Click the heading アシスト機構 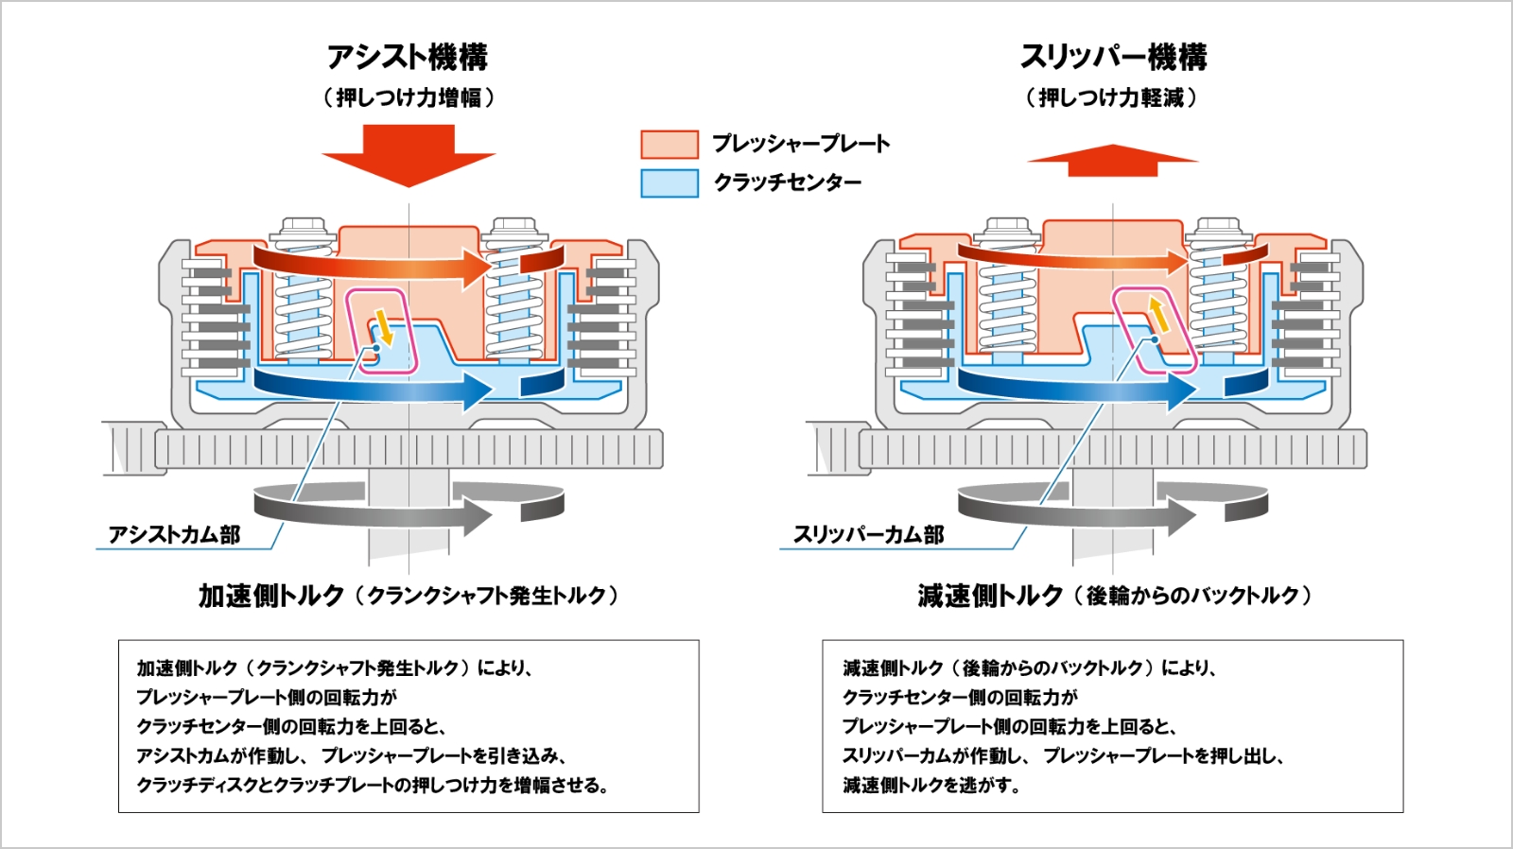click(408, 57)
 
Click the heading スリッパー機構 click(1113, 57)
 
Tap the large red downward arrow click(409, 156)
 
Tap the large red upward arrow click(1113, 161)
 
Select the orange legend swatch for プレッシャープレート click(670, 144)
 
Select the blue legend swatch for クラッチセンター click(670, 182)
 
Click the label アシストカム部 click(175, 535)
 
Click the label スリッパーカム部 click(868, 535)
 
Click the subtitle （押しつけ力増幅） click(408, 97)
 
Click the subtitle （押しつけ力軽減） click(1112, 97)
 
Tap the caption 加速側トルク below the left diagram click(271, 596)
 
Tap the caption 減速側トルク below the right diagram click(990, 596)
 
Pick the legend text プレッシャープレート click(801, 144)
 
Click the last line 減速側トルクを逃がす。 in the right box click(931, 785)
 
